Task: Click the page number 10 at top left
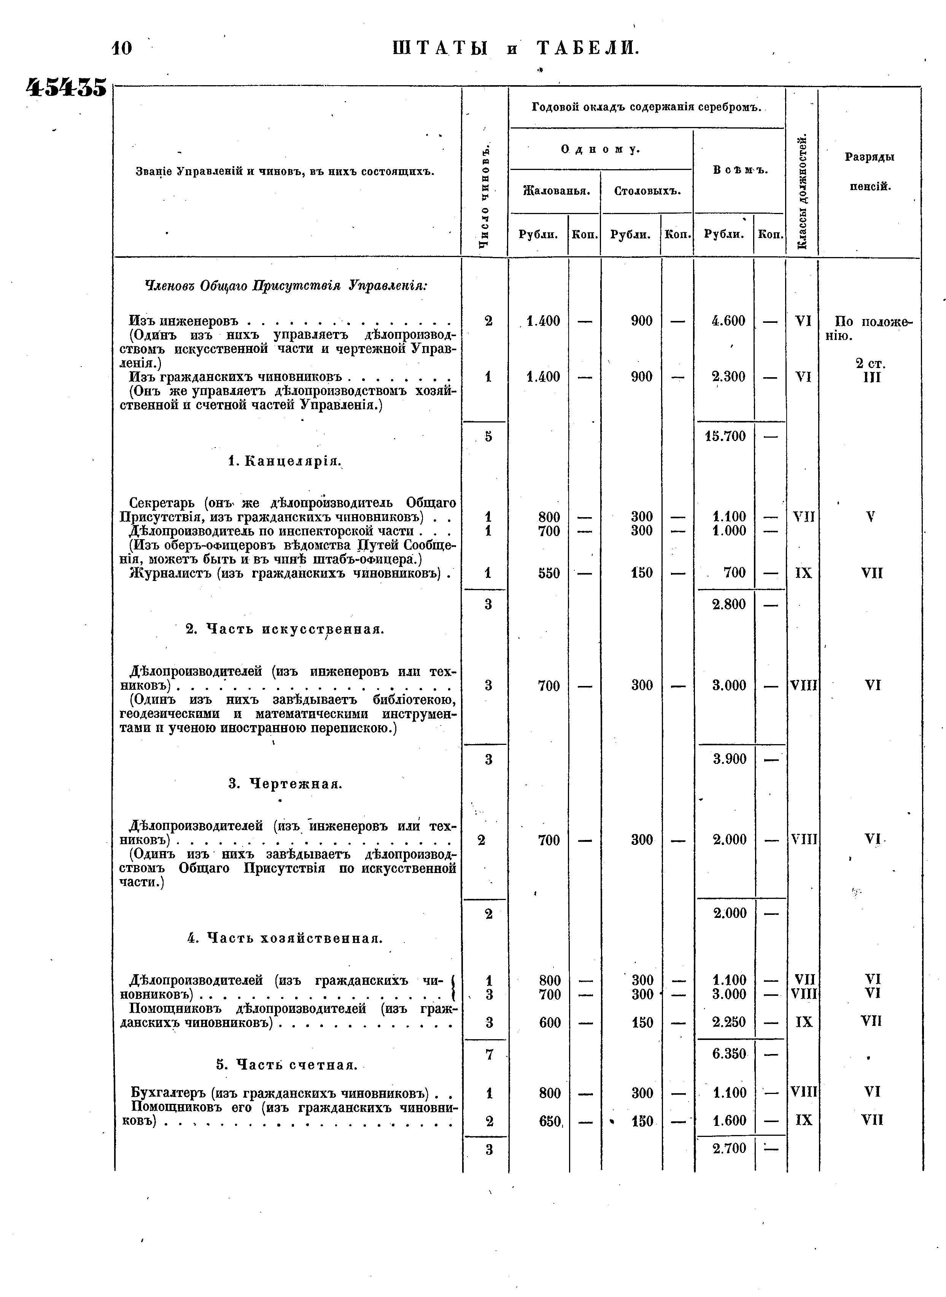tap(122, 48)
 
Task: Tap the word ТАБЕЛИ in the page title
tap(588, 48)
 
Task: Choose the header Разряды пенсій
tap(869, 172)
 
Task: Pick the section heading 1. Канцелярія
tap(285, 461)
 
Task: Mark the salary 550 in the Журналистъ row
tap(549, 573)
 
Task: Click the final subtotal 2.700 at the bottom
tap(729, 1148)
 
